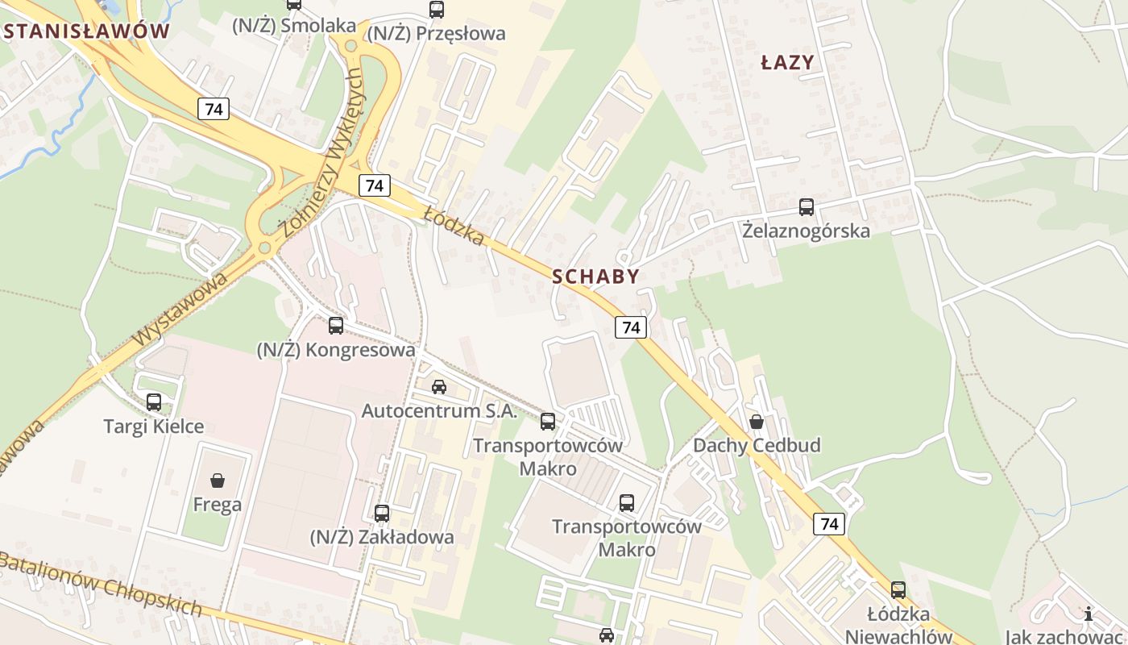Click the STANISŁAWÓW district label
click(87, 31)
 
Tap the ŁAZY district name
click(787, 62)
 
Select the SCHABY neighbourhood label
click(595, 277)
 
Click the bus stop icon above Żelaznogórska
click(806, 207)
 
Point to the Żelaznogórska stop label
click(806, 231)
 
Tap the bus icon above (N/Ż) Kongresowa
click(336, 326)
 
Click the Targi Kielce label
click(154, 426)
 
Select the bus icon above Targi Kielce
click(154, 402)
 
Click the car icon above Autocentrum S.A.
click(438, 387)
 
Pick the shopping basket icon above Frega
click(217, 481)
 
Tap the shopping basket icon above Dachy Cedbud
click(756, 422)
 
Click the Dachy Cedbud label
click(757, 445)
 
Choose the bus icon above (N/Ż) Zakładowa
click(382, 513)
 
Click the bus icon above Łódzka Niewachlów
click(898, 590)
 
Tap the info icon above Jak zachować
click(1089, 614)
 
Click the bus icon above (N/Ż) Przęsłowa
click(436, 10)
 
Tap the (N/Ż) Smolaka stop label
click(293, 26)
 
